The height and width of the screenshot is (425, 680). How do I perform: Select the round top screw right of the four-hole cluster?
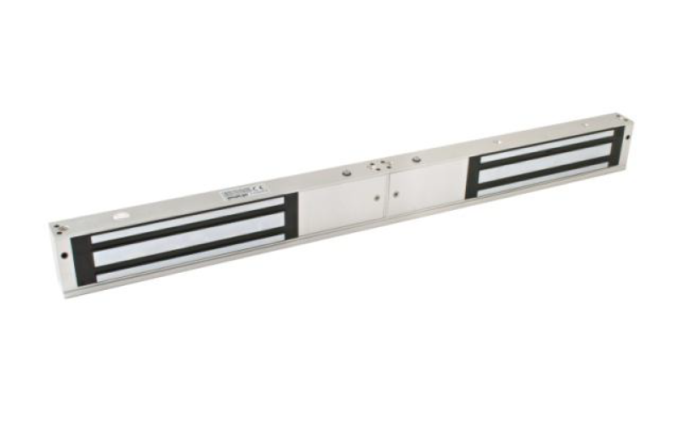pos(416,159)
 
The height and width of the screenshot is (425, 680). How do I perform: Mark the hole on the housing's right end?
pos(627,136)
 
